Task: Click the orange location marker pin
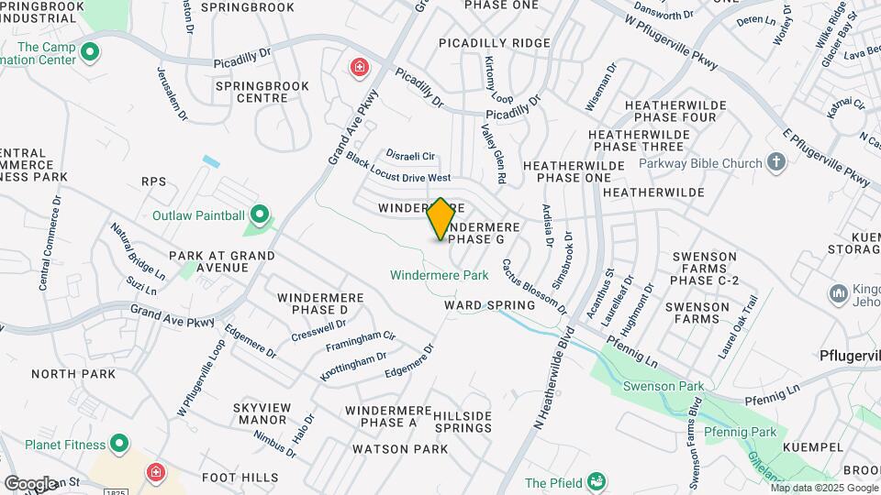pyautogui.click(x=441, y=219)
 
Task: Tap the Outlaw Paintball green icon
pyautogui.click(x=260, y=216)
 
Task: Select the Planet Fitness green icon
pyautogui.click(x=118, y=445)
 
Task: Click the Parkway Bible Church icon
pyautogui.click(x=776, y=163)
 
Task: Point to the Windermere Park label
pyautogui.click(x=439, y=274)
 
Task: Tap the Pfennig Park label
pyautogui.click(x=740, y=432)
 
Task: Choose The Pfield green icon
pyautogui.click(x=596, y=482)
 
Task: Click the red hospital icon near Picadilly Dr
pyautogui.click(x=359, y=66)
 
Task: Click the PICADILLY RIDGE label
pyautogui.click(x=495, y=43)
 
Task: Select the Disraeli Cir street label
pyautogui.click(x=410, y=156)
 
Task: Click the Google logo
pyautogui.click(x=30, y=483)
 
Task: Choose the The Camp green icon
pyautogui.click(x=89, y=52)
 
